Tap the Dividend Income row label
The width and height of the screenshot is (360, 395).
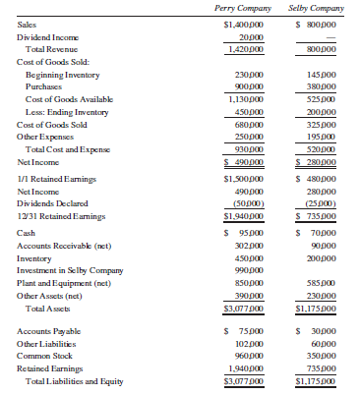tap(47, 35)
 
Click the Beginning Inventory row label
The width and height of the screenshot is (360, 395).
tap(60, 74)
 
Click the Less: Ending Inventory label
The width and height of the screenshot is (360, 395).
tap(66, 112)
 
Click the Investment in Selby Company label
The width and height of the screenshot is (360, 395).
tap(70, 269)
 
